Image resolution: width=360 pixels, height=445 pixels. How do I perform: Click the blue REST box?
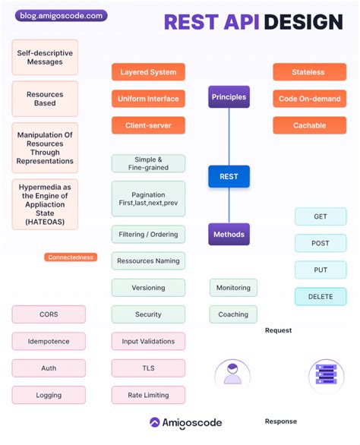pos(229,176)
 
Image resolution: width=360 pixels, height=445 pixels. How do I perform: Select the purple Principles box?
pos(229,96)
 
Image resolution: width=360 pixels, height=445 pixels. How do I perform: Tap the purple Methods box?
pos(229,234)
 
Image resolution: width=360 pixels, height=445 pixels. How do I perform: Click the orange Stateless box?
pos(309,72)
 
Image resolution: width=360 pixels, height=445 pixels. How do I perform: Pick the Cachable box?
pos(309,125)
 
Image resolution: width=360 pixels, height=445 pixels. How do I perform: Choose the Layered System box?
pos(148,72)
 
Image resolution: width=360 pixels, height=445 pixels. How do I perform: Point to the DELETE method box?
pos(321,297)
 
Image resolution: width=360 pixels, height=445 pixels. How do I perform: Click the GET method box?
pos(321,216)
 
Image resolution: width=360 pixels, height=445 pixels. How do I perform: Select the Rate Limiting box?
pos(148,395)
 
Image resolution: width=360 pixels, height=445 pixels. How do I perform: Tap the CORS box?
pos(49,314)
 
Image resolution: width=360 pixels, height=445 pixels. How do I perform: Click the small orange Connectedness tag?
pos(71,257)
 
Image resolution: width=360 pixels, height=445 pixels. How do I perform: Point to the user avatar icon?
pos(232,374)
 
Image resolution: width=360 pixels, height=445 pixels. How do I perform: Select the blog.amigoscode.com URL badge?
pos(61,16)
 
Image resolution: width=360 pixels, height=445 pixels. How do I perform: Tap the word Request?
pos(278,330)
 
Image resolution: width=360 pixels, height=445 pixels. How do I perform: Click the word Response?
pos(281,421)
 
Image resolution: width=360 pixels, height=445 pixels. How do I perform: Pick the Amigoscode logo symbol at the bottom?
pos(155,422)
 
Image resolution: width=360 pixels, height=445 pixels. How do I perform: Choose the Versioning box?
pos(148,288)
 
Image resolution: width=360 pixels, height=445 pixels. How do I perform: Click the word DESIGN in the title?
pos(304,22)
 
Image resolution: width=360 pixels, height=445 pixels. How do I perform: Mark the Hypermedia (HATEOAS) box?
pos(45,204)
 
